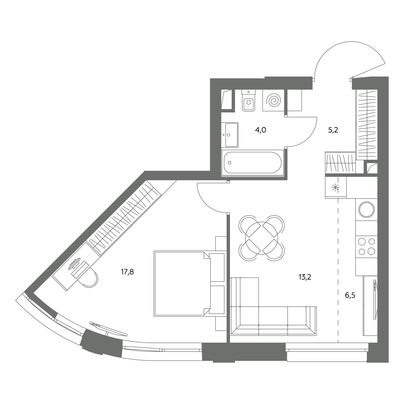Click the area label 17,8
pyautogui.click(x=127, y=272)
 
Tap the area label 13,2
pyautogui.click(x=305, y=277)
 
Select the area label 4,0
pyautogui.click(x=261, y=130)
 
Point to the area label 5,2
pyautogui.click(x=333, y=130)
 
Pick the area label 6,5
pyautogui.click(x=350, y=296)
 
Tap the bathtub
pyautogui.click(x=253, y=163)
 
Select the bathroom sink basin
pyautogui.click(x=230, y=135)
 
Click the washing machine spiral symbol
pyautogui.click(x=273, y=100)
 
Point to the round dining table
pyautogui.click(x=261, y=238)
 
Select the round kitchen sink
pyautogui.click(x=366, y=209)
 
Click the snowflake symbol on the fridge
pyautogui.click(x=335, y=187)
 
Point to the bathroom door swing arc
pyautogui.click(x=308, y=138)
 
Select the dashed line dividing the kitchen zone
pyautogui.click(x=338, y=270)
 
